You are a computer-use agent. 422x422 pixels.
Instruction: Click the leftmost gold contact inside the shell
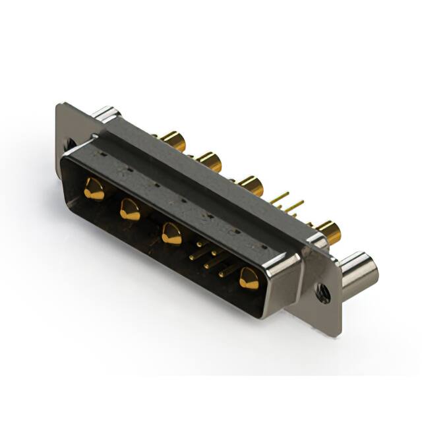[94, 189]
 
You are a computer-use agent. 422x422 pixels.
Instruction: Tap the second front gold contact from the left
[129, 210]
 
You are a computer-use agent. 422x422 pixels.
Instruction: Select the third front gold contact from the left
[171, 233]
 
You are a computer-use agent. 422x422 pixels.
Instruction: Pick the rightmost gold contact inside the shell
[249, 278]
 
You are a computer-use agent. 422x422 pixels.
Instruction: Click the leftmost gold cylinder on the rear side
[172, 140]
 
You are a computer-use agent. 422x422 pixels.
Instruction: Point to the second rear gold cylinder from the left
[208, 161]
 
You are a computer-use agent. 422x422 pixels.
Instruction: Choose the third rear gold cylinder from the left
[250, 185]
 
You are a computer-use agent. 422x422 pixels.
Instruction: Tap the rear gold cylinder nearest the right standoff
[327, 231]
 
